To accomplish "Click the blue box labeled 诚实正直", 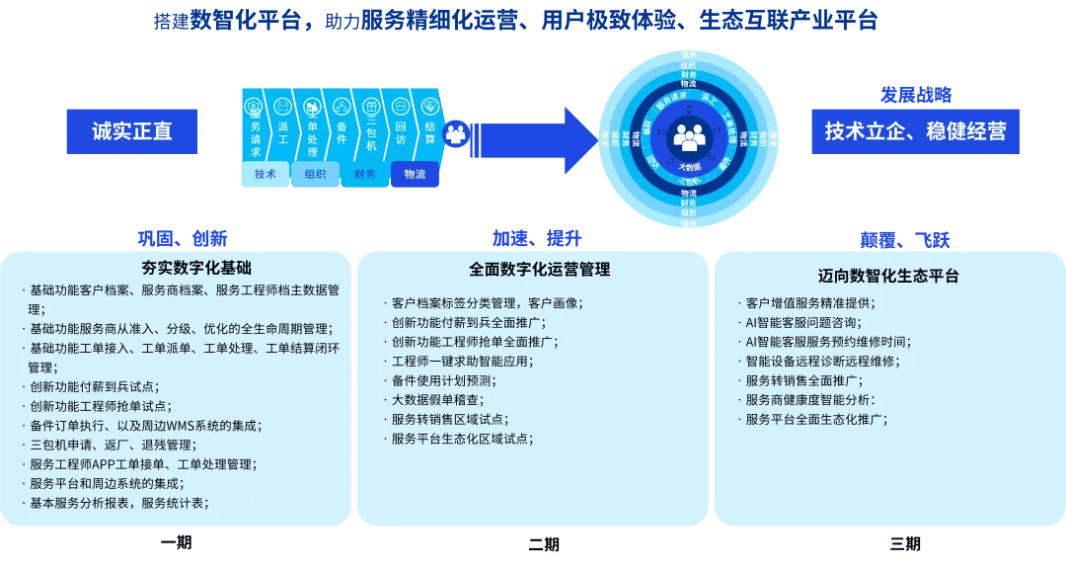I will coord(131,131).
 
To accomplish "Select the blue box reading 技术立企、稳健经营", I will coord(915,131).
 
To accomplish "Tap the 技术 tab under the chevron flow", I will coord(266,175).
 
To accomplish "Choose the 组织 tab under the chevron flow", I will coord(315,175).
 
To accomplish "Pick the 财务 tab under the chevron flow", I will coord(365,175).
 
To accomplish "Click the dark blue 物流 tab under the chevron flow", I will coord(415,175).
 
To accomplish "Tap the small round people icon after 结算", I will coord(456,132).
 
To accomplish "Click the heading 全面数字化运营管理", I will coord(539,269).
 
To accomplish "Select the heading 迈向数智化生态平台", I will coord(888,276).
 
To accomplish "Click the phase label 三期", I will coord(905,543).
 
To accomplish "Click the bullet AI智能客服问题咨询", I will coord(803,322).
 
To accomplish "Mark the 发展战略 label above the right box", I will coord(915,96).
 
